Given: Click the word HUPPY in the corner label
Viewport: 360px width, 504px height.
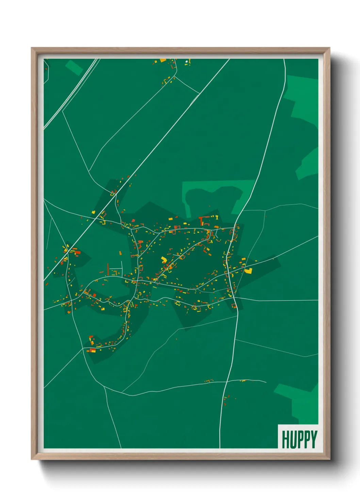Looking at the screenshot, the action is click(x=299, y=439).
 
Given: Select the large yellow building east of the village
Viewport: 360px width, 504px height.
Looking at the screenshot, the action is click(x=249, y=271).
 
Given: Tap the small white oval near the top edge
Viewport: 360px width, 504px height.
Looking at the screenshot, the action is click(x=186, y=62).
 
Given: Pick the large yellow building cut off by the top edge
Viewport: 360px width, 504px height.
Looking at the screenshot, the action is click(x=163, y=60).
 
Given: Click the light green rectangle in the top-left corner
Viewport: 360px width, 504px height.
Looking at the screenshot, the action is click(x=74, y=67).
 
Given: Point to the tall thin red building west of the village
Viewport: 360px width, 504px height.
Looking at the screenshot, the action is click(x=108, y=269).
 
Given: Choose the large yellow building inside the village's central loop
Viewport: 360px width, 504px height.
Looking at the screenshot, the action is click(x=164, y=260).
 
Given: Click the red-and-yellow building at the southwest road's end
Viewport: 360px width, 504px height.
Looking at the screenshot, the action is click(x=92, y=350).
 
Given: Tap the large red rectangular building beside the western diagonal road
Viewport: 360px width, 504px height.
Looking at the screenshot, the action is click(x=77, y=252).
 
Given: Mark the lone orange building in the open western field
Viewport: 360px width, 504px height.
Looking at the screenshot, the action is click(x=120, y=253).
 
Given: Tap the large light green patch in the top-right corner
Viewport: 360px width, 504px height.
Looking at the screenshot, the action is click(x=305, y=99).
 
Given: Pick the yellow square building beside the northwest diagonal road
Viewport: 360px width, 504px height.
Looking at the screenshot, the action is click(x=93, y=212).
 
